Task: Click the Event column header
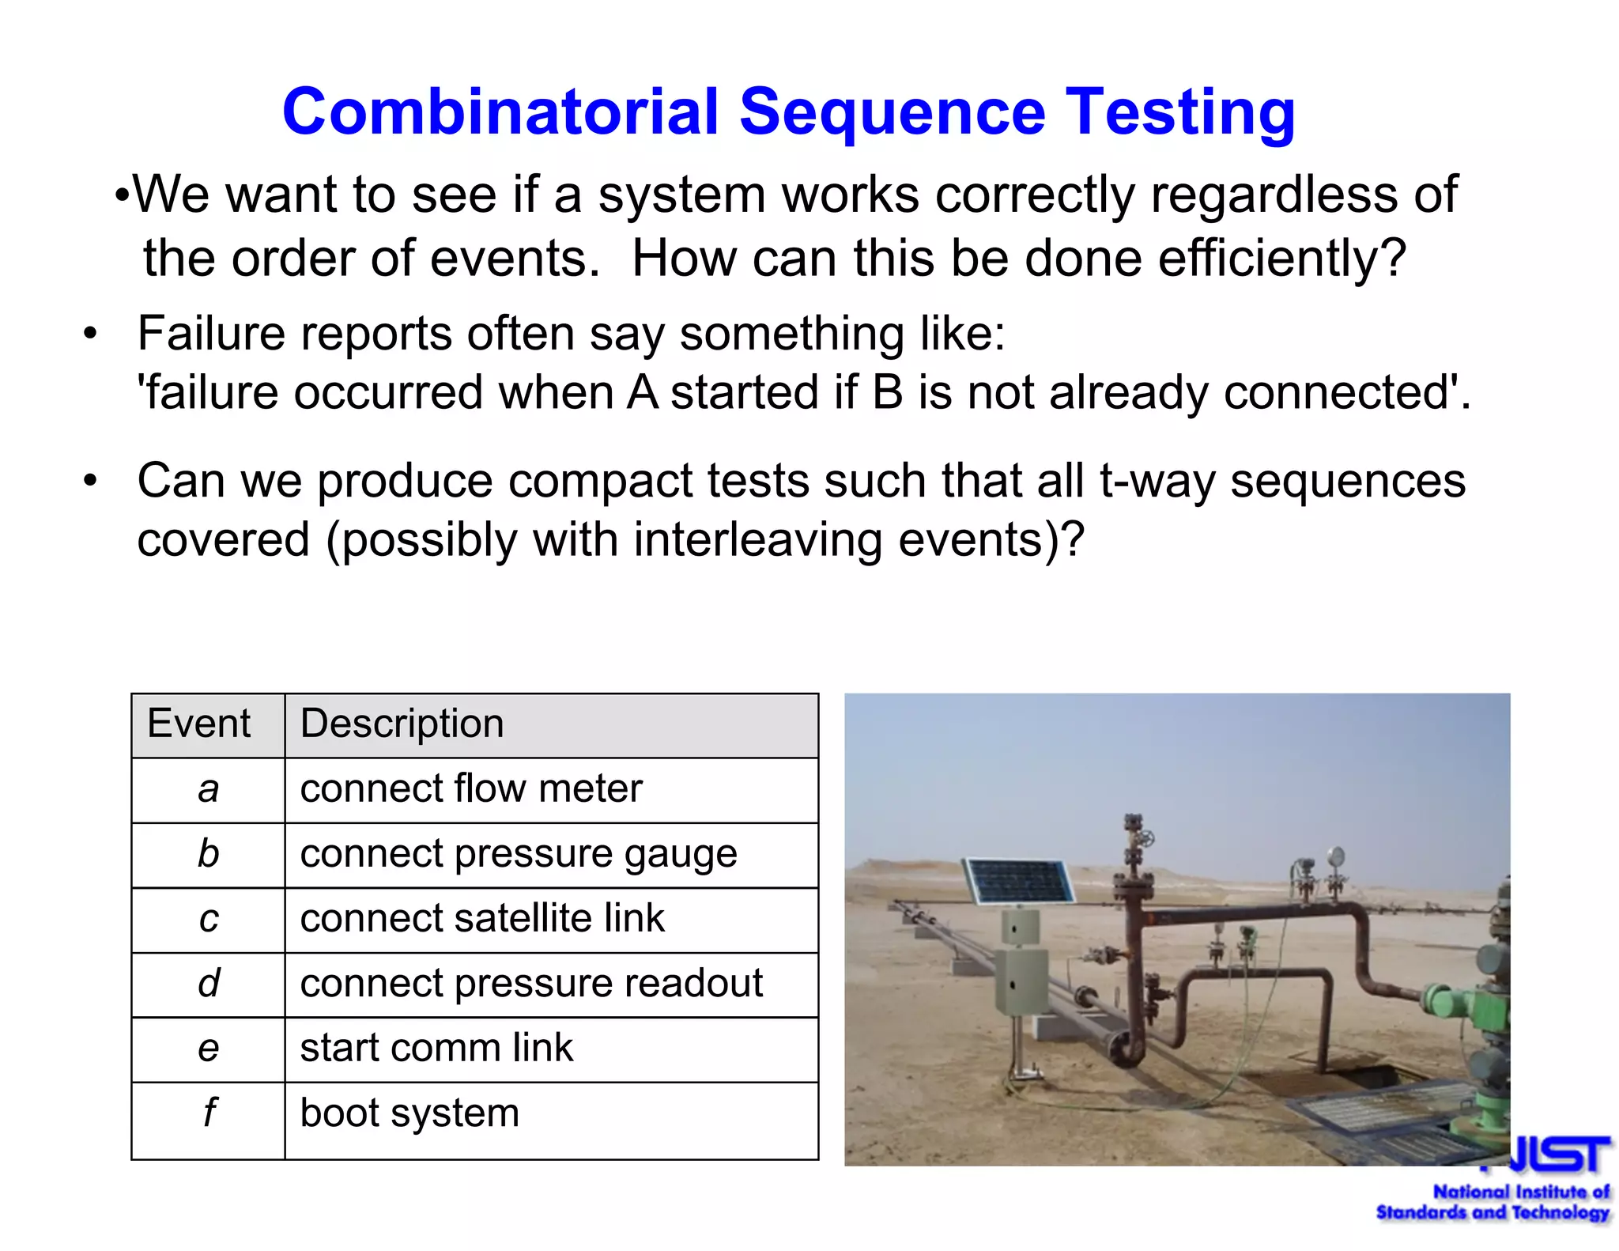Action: point(198,724)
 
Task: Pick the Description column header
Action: point(402,724)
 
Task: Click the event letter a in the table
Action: point(208,789)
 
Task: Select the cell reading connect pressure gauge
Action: point(519,854)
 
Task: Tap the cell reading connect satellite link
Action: point(482,919)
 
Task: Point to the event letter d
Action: point(209,984)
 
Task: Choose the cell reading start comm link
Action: point(436,1049)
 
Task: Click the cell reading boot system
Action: point(409,1113)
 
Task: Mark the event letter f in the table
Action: point(209,1113)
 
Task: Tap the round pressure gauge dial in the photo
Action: point(1336,856)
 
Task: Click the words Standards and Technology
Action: point(1493,1213)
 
